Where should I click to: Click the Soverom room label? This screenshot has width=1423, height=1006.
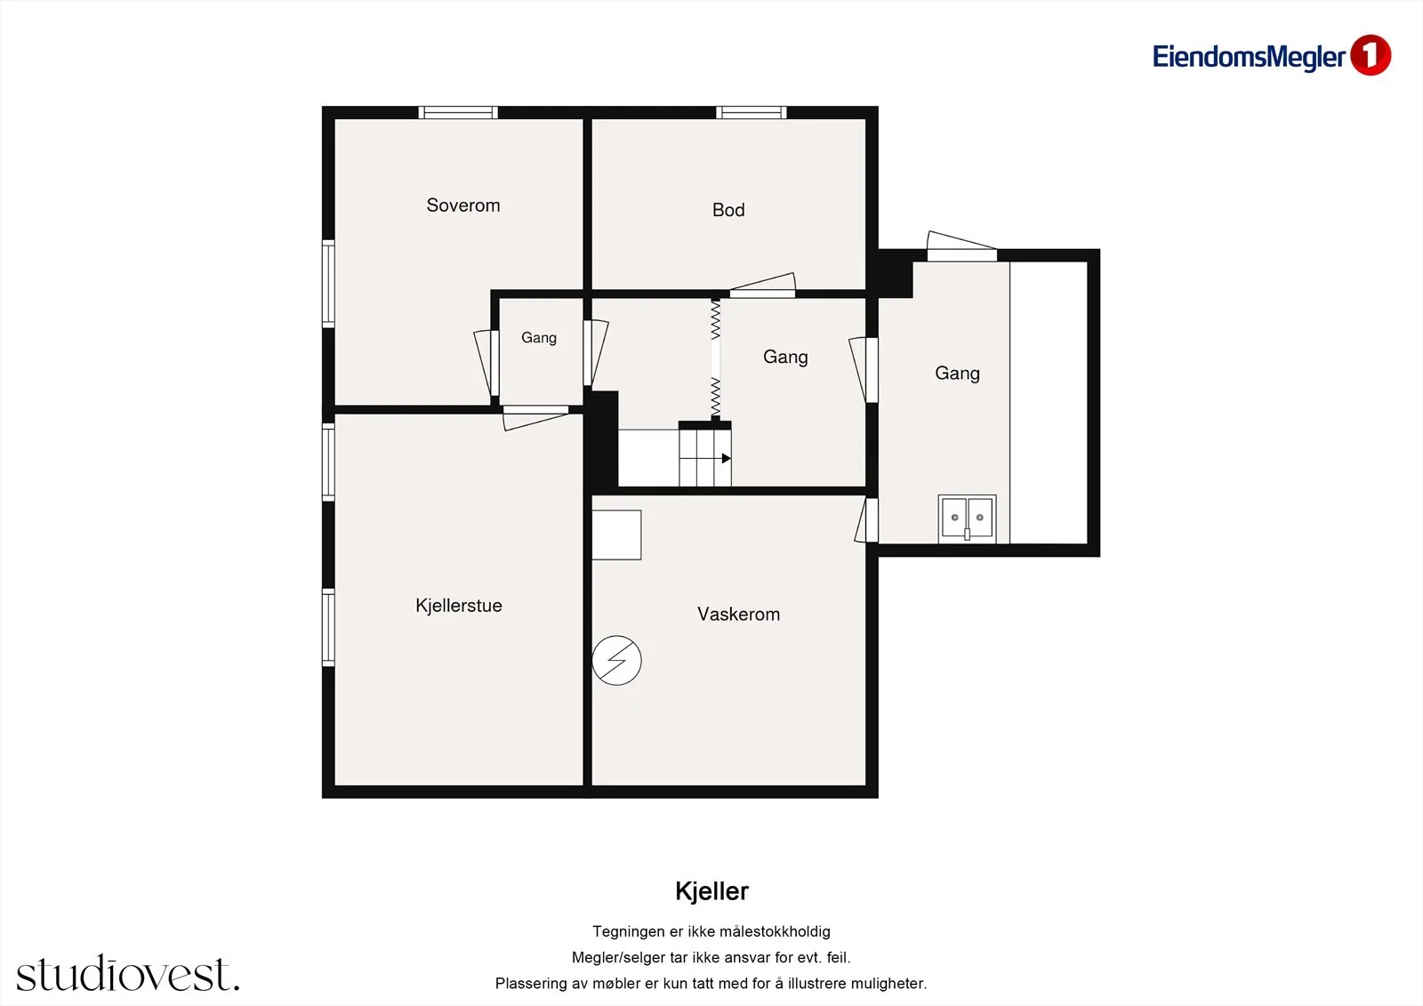point(463,205)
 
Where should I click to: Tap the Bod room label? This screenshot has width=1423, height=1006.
point(728,210)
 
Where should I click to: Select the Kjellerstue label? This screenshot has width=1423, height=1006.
point(459,605)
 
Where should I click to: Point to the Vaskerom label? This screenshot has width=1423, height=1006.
point(738,614)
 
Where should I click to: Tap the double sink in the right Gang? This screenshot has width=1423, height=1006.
point(967,519)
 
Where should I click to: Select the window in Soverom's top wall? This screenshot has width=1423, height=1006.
point(458,112)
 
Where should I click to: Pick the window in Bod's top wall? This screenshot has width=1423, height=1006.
point(752,112)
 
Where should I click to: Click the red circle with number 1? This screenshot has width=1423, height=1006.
point(1371,55)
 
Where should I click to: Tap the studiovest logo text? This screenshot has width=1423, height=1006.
point(128,973)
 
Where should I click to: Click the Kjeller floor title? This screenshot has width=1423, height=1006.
point(711,891)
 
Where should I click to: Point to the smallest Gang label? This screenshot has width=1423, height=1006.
point(539,337)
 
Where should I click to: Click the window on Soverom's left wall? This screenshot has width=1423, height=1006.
point(328,284)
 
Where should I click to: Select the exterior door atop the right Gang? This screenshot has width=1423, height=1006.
point(961,246)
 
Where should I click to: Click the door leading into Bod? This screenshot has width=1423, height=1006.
point(762,286)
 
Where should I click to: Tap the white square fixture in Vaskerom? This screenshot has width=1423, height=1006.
point(616,535)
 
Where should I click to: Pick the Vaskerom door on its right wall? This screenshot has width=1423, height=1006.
point(867,519)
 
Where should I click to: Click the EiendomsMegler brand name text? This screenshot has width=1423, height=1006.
point(1249,57)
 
